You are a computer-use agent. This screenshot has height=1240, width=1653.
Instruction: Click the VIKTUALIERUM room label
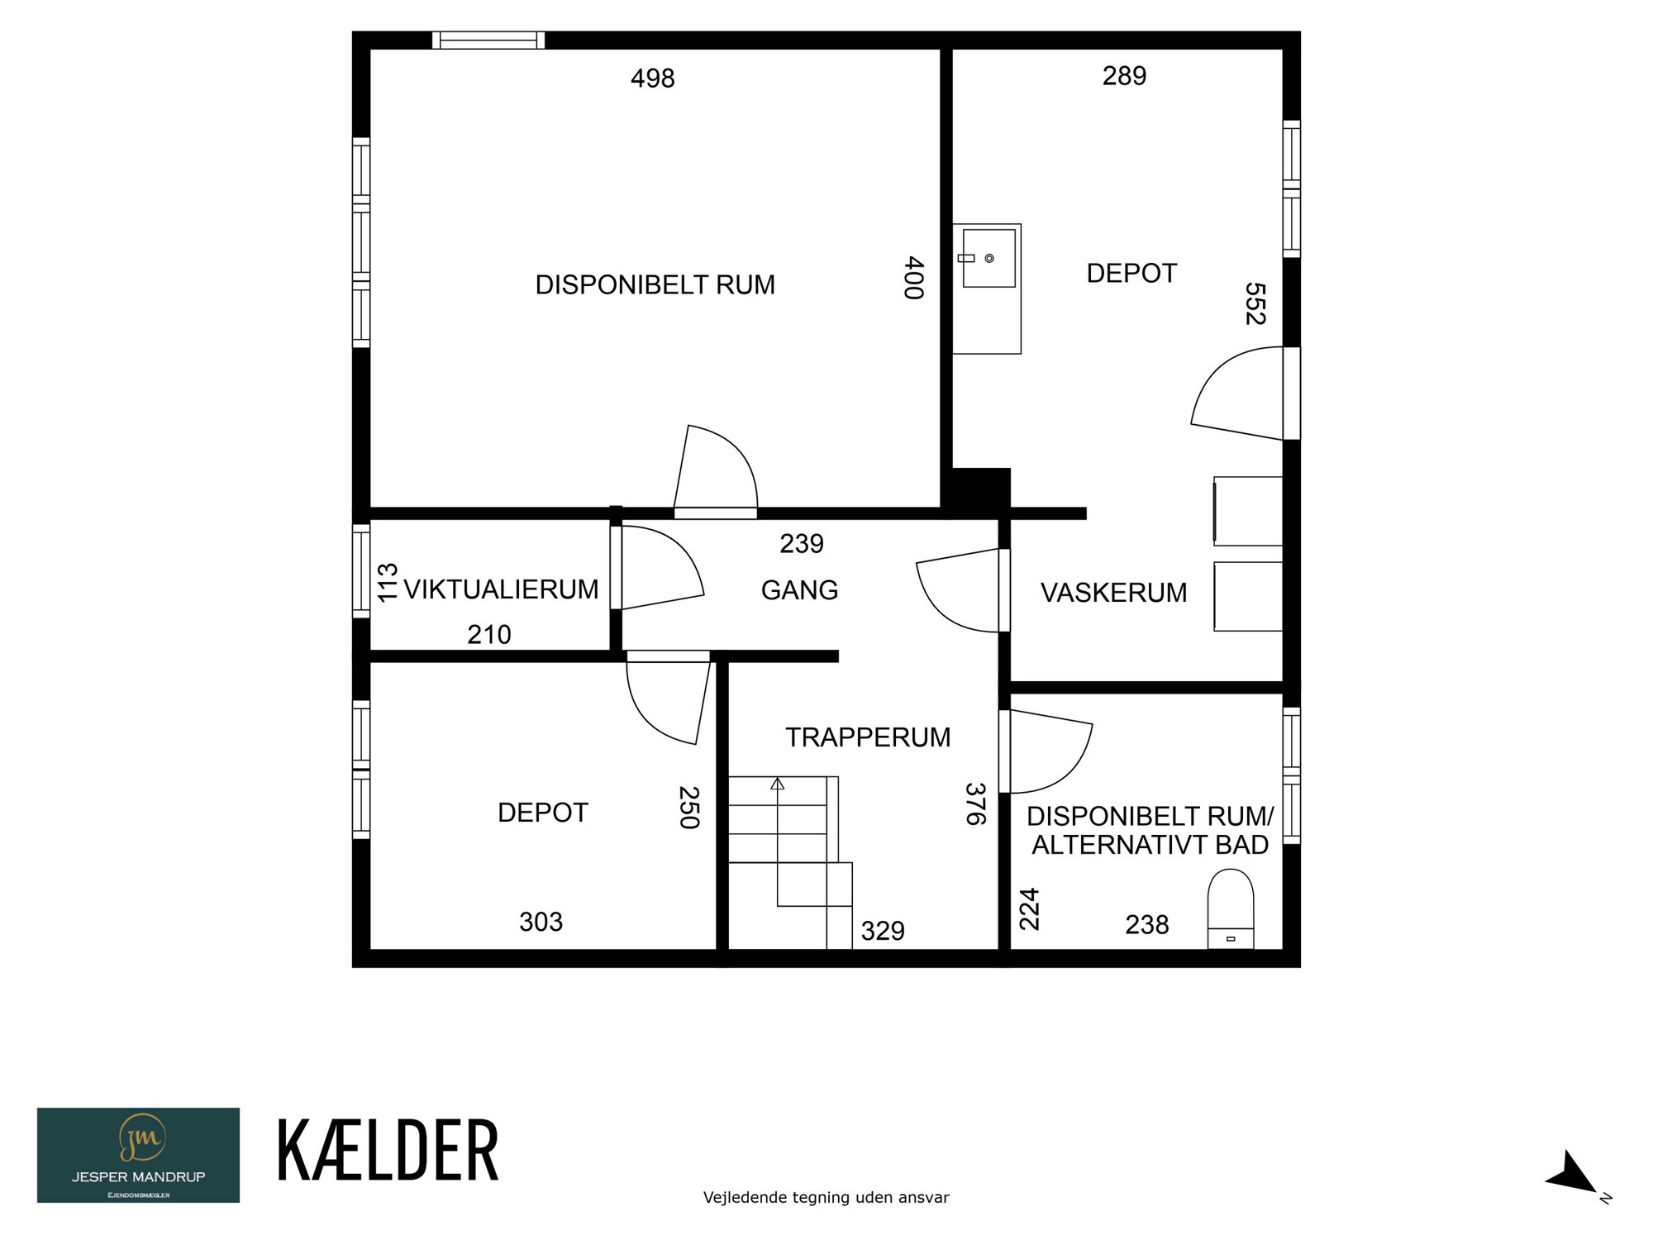(x=501, y=589)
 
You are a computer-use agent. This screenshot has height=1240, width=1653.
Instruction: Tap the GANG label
(x=799, y=590)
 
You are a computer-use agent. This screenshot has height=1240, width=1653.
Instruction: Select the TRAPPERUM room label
(x=868, y=737)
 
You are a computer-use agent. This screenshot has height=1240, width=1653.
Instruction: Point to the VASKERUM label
(x=1113, y=593)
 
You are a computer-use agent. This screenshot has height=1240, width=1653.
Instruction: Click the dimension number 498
(x=653, y=79)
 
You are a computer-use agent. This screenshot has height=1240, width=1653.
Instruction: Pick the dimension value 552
(x=1255, y=303)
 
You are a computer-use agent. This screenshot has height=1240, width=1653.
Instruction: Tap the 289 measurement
(x=1124, y=76)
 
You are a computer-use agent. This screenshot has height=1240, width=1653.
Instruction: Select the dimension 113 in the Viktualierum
(x=388, y=583)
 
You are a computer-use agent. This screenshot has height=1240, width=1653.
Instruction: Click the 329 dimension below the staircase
(x=883, y=932)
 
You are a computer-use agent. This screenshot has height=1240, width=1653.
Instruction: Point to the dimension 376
(x=976, y=804)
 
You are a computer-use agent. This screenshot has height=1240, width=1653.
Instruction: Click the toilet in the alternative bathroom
(x=1231, y=909)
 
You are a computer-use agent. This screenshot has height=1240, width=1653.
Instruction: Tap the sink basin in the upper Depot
(x=988, y=259)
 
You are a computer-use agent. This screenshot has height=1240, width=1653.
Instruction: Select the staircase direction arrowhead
(x=777, y=783)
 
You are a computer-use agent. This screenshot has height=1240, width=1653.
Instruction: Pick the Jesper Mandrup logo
(x=138, y=1155)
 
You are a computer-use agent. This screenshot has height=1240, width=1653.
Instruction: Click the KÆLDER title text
(x=388, y=1150)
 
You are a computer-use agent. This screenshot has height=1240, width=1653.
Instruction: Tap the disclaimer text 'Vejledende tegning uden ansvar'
(x=826, y=1197)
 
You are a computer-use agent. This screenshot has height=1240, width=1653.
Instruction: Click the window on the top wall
(x=488, y=40)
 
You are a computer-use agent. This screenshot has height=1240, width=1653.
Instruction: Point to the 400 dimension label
(x=913, y=278)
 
